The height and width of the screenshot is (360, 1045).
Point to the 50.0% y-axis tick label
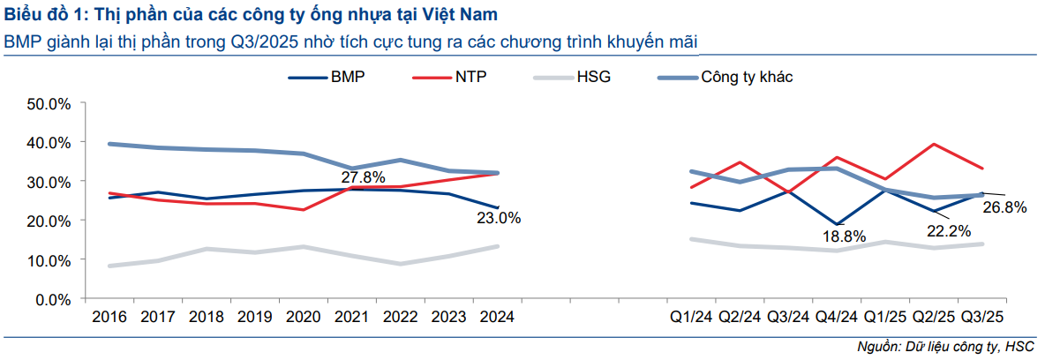pos(49,103)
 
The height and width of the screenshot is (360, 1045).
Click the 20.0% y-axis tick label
pos(49,221)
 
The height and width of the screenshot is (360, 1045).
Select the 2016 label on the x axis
pos(109,317)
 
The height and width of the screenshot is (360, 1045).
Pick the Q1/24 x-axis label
pos(691,317)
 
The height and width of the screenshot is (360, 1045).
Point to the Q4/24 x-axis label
pos(836,317)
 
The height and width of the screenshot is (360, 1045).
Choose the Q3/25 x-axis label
pos(981,317)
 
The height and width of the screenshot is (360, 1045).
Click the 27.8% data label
pos(363,176)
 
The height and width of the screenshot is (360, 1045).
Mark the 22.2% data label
pos(949,231)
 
